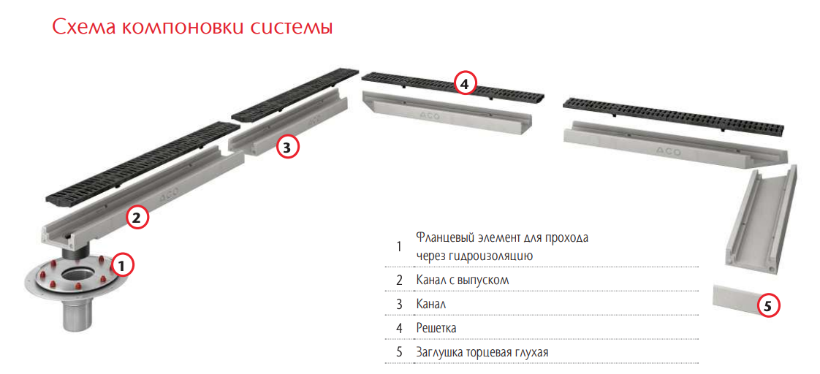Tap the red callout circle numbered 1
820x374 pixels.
121,266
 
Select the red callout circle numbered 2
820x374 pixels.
137,218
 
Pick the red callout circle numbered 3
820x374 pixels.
286,147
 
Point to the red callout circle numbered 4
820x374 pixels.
466,83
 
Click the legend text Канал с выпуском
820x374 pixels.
463,280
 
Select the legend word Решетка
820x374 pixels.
436,329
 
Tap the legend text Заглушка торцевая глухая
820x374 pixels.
482,352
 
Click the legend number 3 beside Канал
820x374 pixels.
399,305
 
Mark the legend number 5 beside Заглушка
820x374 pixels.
399,353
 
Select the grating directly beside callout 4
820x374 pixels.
453,86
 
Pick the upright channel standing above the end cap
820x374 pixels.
762,217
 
